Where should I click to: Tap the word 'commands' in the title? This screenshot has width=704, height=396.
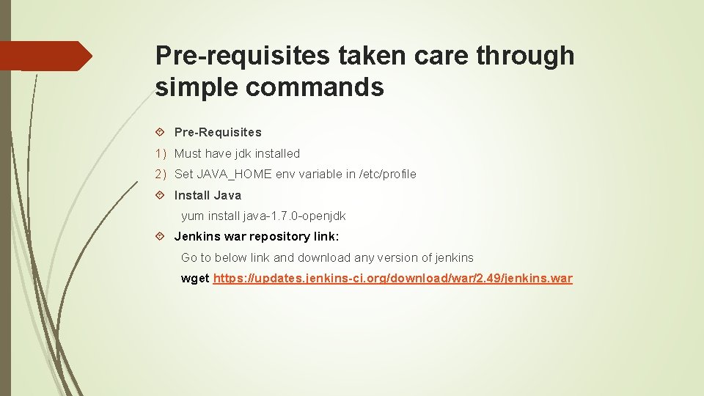(315, 87)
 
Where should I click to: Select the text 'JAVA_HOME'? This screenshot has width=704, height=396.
(234, 175)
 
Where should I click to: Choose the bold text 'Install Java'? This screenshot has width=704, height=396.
(208, 196)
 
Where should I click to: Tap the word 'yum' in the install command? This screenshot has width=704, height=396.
(192, 216)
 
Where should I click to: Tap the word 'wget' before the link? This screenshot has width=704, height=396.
(195, 279)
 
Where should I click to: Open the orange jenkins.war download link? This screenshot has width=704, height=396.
(392, 279)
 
